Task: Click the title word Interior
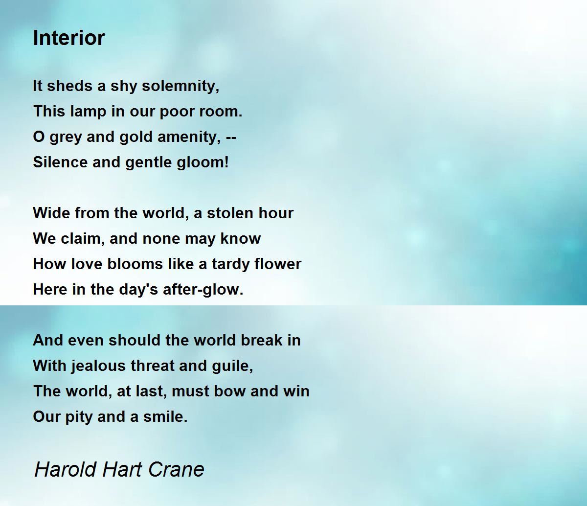point(69,38)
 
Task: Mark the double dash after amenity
point(231,138)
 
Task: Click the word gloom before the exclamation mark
point(206,162)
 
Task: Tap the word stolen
point(234,213)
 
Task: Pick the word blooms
point(122,264)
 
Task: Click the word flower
point(277,264)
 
